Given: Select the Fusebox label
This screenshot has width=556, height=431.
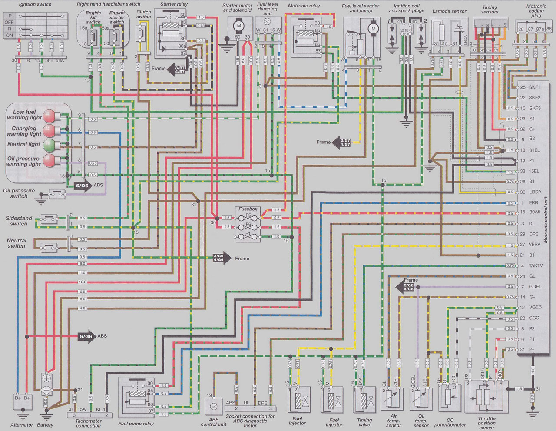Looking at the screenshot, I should click(248, 209).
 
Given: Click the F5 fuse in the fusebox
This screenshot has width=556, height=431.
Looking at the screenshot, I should click(248, 215).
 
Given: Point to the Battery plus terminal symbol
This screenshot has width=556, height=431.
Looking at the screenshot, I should click(46, 378).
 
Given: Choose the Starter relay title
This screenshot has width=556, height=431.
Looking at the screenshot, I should click(174, 4).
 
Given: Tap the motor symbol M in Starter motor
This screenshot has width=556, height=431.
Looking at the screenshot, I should click(238, 26).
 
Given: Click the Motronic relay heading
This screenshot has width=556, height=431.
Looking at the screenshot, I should click(304, 6).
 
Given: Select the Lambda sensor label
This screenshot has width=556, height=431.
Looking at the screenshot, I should click(450, 11).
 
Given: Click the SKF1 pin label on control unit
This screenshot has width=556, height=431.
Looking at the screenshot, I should click(534, 87).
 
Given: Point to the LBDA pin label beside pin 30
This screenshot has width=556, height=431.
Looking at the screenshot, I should click(535, 192).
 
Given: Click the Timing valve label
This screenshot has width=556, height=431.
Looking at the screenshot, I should click(364, 422).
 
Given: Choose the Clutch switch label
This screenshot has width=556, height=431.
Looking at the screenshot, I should click(143, 14).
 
